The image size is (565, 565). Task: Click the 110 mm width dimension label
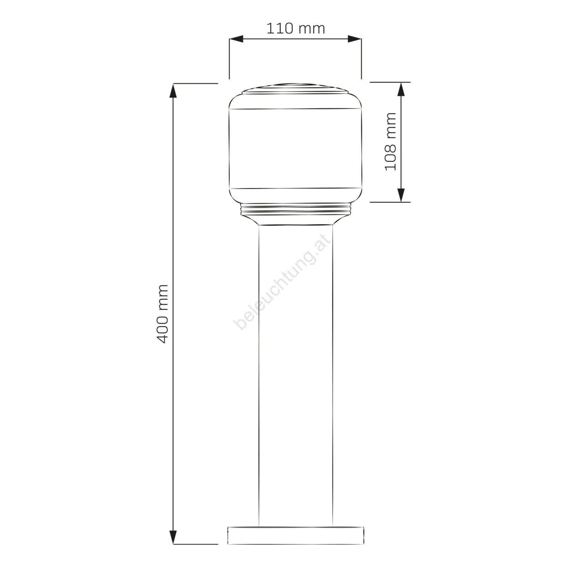pos(296,28)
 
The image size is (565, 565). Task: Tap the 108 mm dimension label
pos(391,142)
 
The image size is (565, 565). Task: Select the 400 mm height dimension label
pos(162,314)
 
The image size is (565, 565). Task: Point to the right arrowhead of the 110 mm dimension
pos(355,39)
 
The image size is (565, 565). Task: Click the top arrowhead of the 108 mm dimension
pos(401,89)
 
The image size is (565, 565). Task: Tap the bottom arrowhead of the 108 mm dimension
pos(401,195)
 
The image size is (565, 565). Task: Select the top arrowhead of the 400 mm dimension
pos(173,91)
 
